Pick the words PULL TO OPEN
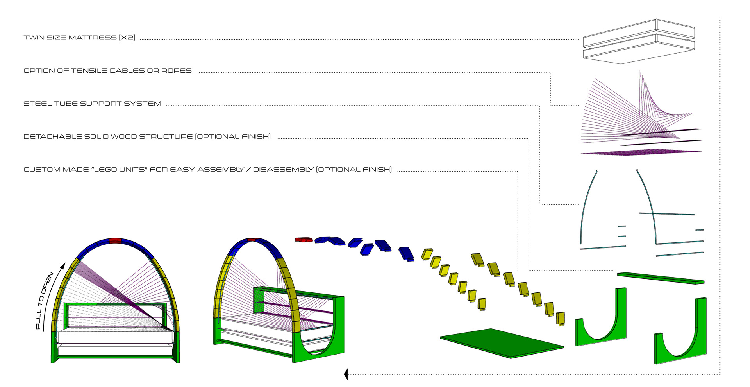click(44, 300)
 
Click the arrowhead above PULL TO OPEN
click(62, 266)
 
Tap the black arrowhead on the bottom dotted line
click(346, 374)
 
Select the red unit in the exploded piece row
click(304, 240)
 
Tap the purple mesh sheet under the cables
click(641, 152)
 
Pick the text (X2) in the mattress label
click(127, 38)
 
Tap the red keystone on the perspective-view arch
click(251, 240)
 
